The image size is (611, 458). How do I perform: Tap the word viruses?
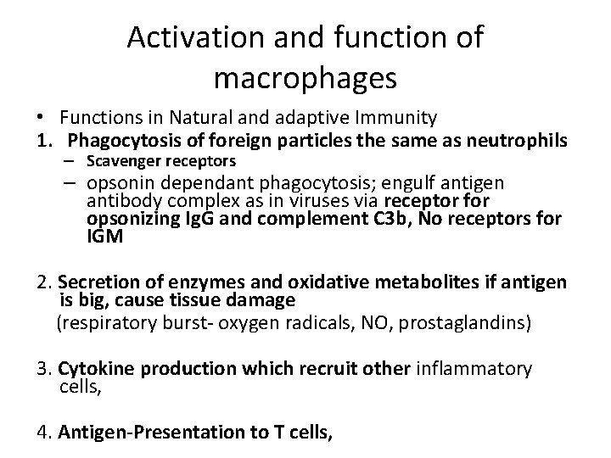[309, 201]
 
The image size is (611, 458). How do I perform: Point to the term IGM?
[105, 237]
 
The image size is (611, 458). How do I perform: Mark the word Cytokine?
[89, 368]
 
